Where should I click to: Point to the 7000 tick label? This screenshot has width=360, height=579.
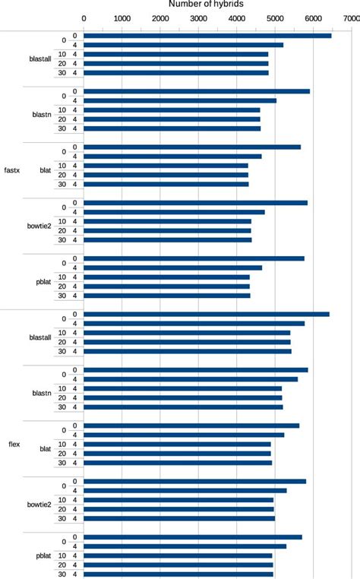pos(350,18)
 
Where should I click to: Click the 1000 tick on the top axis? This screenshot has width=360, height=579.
pos(122,18)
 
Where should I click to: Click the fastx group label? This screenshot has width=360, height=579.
pos(12,170)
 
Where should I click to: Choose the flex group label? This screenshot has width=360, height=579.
pos(14,443)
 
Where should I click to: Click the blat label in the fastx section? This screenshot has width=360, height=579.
pos(46,170)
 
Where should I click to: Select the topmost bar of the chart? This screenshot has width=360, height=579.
pos(207,36)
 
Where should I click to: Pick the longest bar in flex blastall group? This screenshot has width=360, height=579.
pos(206,314)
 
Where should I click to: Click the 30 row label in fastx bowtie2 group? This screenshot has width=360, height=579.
pos(62,240)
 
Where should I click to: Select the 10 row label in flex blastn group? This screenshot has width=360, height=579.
pos(62,388)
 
